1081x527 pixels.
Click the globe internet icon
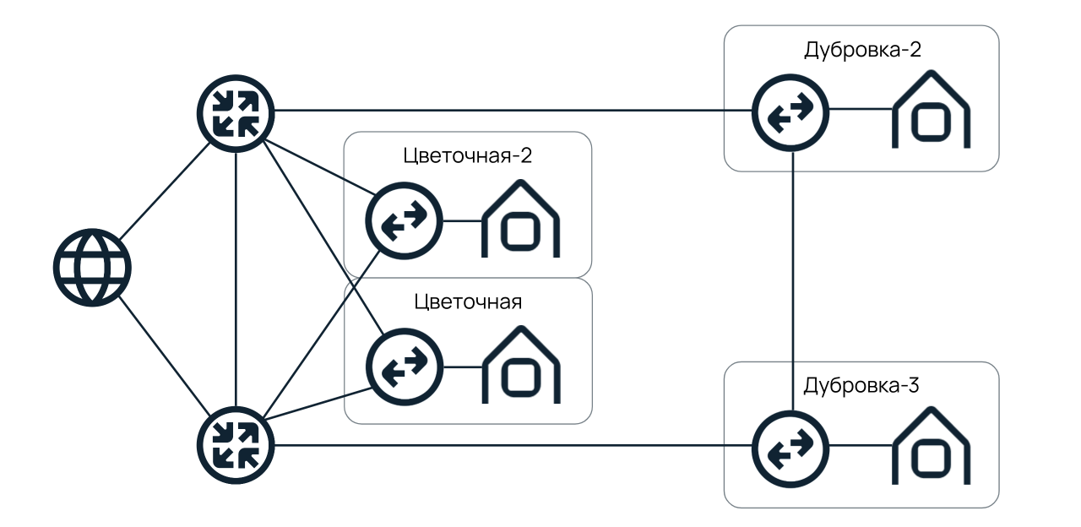(x=92, y=268)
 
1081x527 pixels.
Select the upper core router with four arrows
(x=236, y=113)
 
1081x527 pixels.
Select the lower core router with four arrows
(x=236, y=445)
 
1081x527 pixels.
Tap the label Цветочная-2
(x=467, y=156)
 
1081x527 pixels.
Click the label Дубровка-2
(x=862, y=50)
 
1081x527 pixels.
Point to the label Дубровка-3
(x=861, y=386)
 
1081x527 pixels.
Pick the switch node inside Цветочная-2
(x=404, y=221)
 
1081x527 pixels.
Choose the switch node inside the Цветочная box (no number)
(x=405, y=367)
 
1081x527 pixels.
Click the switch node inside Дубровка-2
(x=790, y=112)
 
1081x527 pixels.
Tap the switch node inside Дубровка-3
(x=790, y=449)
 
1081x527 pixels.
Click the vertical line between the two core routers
(x=236, y=280)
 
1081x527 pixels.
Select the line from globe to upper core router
(x=164, y=191)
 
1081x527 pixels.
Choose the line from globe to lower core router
(x=165, y=356)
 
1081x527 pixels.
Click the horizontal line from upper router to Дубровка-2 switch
(x=513, y=111)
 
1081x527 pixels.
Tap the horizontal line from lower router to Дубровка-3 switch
(x=513, y=445)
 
